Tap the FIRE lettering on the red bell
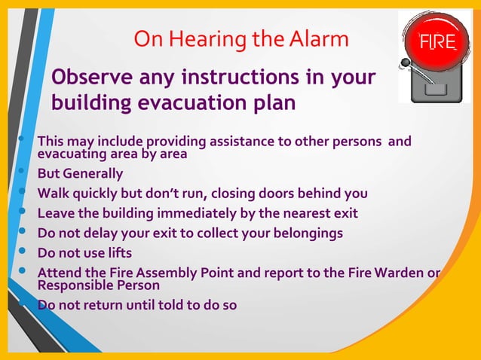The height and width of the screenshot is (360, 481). coord(439,42)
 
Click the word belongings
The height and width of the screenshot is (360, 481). coord(305,233)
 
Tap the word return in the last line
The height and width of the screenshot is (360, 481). coord(103,306)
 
